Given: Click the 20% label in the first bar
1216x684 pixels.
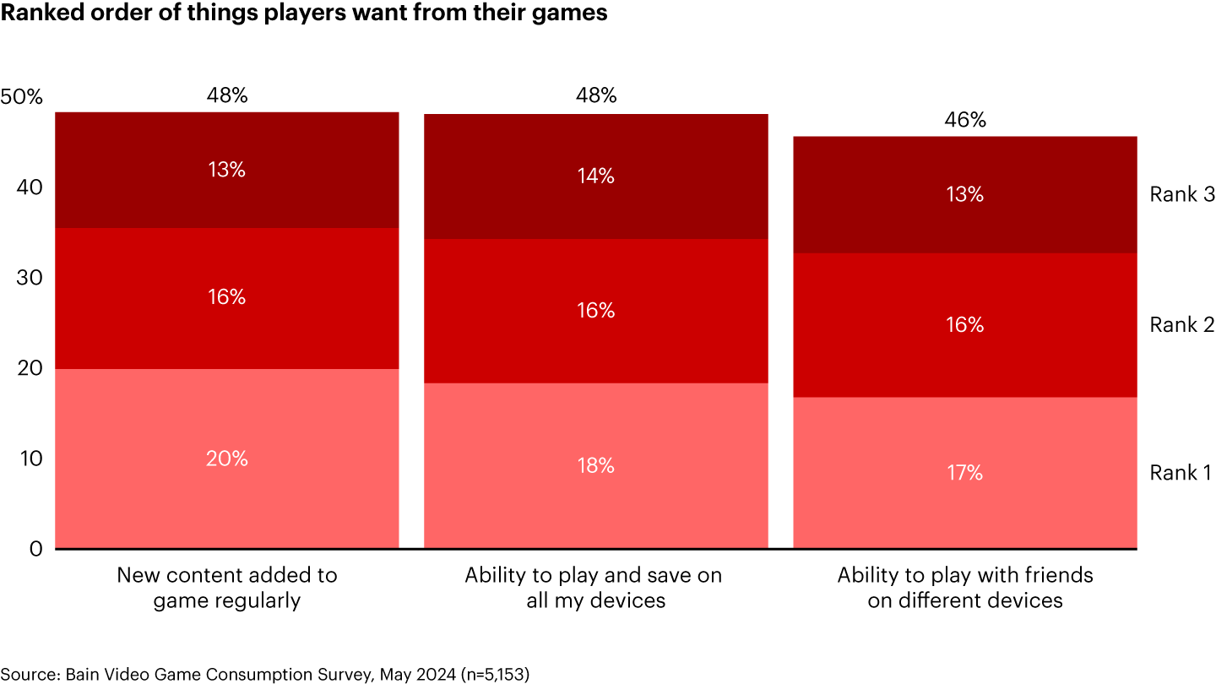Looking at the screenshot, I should click(x=227, y=459).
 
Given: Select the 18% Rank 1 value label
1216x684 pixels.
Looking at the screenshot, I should click(x=595, y=465).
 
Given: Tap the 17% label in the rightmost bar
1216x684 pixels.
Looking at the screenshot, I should click(x=964, y=473).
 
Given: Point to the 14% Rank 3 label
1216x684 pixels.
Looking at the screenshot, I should click(x=595, y=176).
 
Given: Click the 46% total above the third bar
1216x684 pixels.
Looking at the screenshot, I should click(x=964, y=120).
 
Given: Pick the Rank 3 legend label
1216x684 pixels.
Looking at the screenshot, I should click(x=1181, y=194).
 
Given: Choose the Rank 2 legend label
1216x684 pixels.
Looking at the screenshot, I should click(x=1181, y=325).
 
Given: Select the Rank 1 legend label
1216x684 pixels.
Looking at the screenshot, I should click(x=1181, y=473).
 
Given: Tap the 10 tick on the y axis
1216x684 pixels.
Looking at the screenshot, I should click(x=30, y=459).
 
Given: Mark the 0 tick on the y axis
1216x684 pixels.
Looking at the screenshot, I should click(x=35, y=549).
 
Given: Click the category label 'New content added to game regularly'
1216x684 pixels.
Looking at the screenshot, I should click(x=227, y=588).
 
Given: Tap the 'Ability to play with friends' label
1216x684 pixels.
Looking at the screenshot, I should click(x=964, y=588).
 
